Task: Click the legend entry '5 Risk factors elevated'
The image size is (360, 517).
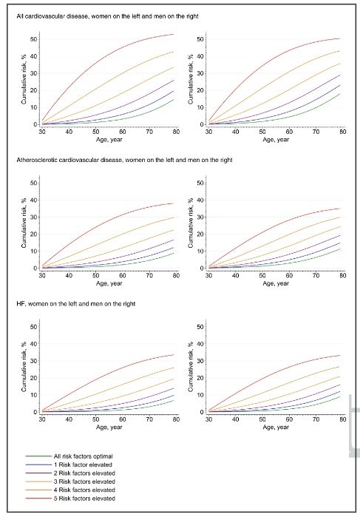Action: click(84, 499)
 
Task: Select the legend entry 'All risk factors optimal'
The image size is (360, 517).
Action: click(83, 456)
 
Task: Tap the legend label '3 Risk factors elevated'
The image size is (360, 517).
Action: click(84, 481)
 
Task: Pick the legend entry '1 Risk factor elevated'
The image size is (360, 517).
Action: click(83, 464)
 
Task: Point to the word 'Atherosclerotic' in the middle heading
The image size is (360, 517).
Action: click(35, 160)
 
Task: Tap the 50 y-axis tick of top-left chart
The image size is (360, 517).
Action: click(33, 39)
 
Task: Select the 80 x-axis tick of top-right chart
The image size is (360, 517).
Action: click(343, 132)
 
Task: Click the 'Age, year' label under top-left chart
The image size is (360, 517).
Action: click(109, 140)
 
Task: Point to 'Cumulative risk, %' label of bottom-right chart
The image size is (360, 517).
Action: click(191, 367)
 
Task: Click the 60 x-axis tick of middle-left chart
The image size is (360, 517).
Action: click(122, 275)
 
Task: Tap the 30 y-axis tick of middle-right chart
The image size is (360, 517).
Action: click(200, 217)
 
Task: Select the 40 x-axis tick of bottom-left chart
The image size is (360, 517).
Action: click(69, 419)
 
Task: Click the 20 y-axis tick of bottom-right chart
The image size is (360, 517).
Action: click(200, 378)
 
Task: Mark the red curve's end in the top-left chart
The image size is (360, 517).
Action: click(174, 34)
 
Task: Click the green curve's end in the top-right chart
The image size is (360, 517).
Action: click(340, 94)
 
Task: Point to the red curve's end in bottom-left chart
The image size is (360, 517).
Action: click(174, 355)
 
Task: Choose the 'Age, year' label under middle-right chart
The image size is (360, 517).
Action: click(276, 283)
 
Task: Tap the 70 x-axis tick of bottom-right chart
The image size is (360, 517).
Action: click(316, 419)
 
